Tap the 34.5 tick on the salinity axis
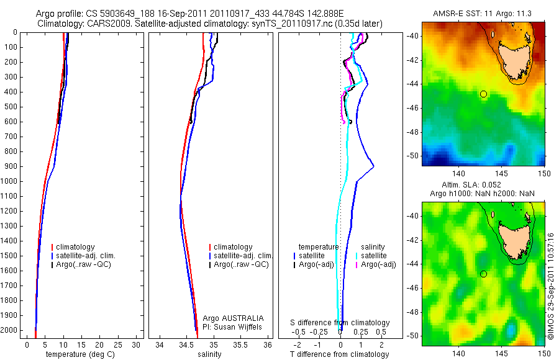[x=186, y=344]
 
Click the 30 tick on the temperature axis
[x=137, y=344]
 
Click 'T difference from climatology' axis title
[x=340, y=354]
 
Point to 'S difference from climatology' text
[x=340, y=323]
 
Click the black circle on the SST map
[x=484, y=94]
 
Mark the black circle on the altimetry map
[x=484, y=274]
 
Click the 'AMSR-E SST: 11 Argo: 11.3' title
[x=483, y=14]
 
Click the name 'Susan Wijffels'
[x=243, y=326]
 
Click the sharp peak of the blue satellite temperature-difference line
[x=373, y=166]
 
